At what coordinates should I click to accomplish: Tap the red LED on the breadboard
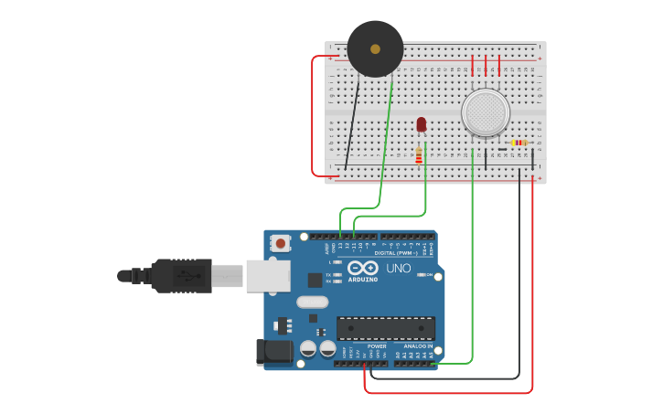pos(421,124)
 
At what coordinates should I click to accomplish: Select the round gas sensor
pos(485,111)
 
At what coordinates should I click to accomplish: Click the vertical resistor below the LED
pos(419,155)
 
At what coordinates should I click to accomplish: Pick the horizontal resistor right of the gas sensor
pos(519,143)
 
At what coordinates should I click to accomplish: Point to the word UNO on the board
pos(399,268)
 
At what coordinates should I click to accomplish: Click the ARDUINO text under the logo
pos(363,280)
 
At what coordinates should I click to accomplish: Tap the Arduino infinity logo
pos(362,269)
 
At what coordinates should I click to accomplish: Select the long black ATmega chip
pos(385,328)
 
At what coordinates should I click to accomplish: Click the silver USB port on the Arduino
pos(268,275)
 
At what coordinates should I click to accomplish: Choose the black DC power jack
pos(274,352)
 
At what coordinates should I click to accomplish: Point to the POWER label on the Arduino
pos(377,346)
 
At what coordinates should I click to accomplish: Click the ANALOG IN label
pos(418,346)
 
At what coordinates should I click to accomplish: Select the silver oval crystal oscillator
pos(312,303)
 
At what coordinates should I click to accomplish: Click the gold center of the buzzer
pos(375,48)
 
